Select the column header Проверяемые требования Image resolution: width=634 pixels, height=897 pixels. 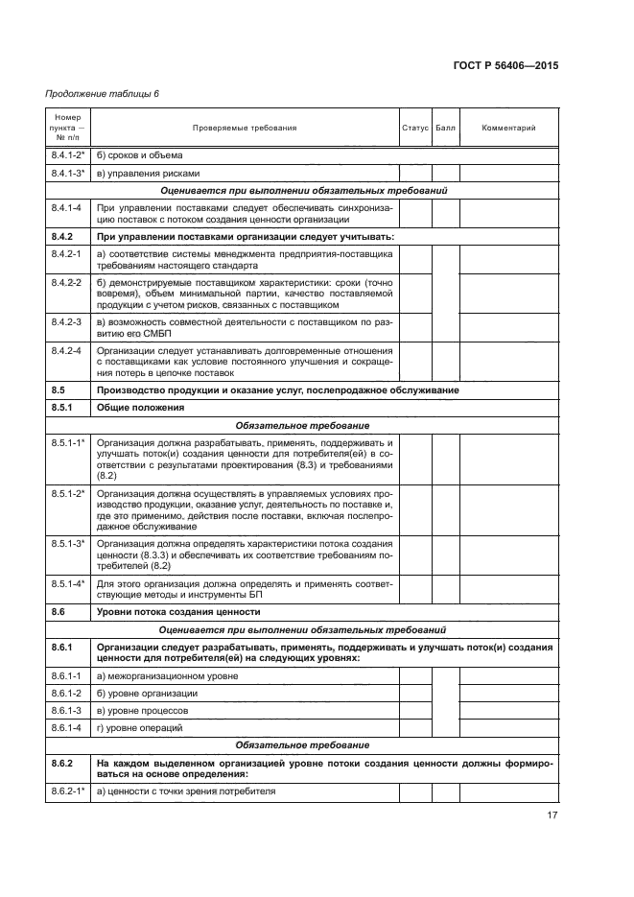tap(245, 129)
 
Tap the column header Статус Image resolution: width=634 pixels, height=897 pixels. tap(414, 129)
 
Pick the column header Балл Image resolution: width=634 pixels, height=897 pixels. tap(446, 129)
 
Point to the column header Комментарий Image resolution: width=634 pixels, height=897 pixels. tap(508, 129)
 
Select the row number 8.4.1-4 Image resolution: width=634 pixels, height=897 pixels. tap(65, 207)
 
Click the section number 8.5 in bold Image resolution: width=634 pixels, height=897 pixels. tap(58, 390)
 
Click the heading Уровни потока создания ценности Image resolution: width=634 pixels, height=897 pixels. tap(178, 611)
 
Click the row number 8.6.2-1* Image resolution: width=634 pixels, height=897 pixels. tap(67, 791)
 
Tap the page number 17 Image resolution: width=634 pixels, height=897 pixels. tap(552, 816)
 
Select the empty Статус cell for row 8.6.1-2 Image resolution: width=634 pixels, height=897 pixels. tap(414, 693)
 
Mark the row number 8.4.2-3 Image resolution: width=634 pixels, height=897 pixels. tap(65, 321)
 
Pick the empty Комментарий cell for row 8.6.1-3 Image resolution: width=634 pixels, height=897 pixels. tap(508, 710)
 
